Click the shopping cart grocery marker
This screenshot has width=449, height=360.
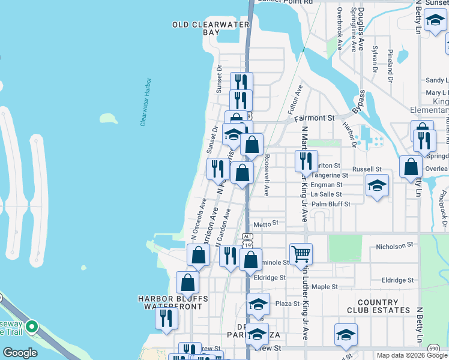(x=301, y=253)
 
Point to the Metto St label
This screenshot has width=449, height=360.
(x=267, y=224)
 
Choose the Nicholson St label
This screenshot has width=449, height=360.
(x=395, y=245)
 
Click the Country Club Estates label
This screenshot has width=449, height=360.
(x=378, y=306)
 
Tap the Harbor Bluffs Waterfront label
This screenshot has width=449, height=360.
(x=173, y=302)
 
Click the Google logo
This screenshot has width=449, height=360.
(x=20, y=353)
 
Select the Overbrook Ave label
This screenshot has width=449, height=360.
(x=339, y=28)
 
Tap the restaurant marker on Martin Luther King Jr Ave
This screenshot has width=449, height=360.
(x=306, y=160)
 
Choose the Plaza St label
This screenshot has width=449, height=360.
(x=287, y=304)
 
